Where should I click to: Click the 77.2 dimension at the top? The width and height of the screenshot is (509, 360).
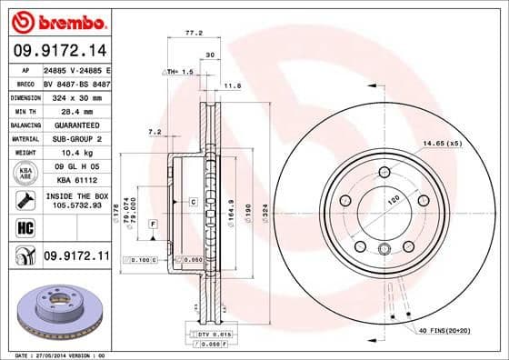193,33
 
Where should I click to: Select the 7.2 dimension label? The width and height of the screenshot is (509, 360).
155,132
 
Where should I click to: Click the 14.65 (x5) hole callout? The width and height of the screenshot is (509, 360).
443,143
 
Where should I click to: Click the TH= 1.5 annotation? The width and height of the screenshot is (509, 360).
181,71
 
